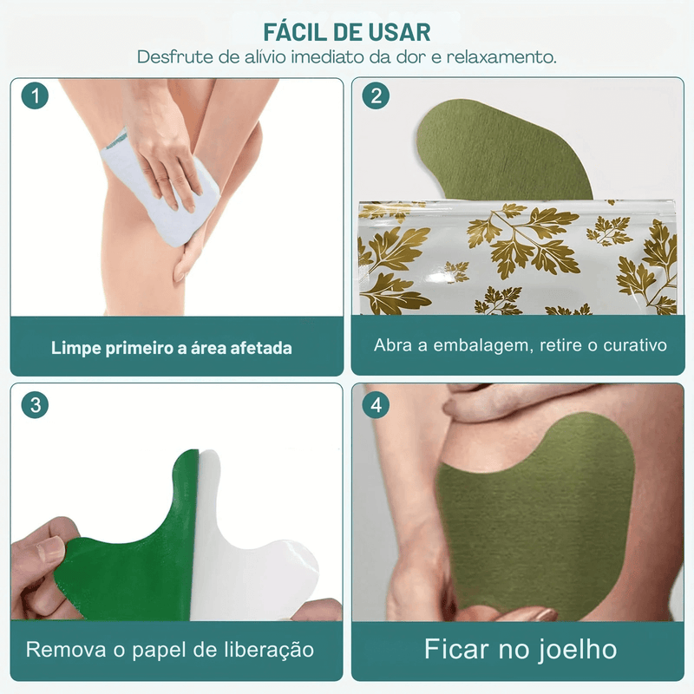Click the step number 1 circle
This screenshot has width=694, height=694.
35,96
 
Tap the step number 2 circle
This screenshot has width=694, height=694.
375,96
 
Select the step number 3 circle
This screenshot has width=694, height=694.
35,404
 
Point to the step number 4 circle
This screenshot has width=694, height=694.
375,404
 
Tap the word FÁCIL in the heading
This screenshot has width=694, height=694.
295,33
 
